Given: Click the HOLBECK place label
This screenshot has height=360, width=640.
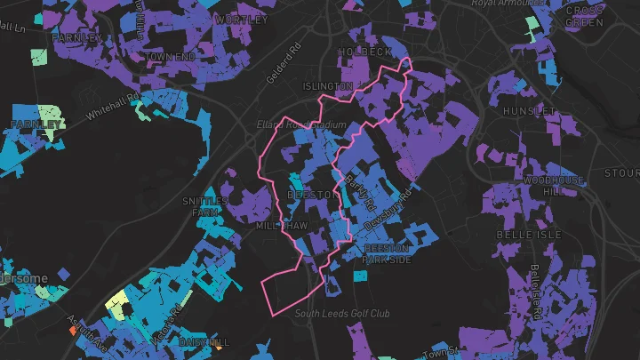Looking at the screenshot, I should (x=359, y=52).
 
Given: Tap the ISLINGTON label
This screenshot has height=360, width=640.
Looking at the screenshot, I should (x=328, y=86).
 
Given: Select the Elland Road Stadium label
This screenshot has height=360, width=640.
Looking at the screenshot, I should (x=300, y=125).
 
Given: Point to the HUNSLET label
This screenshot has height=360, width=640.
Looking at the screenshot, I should (x=528, y=111).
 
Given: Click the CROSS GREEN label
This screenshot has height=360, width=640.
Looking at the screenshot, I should (x=583, y=16).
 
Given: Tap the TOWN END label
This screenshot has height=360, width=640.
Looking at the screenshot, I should (x=170, y=56).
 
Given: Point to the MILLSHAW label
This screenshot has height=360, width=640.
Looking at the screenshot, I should (x=282, y=226).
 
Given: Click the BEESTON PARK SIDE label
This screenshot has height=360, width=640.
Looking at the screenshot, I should (x=388, y=253).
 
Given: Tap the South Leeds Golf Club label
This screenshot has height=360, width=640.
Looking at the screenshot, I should (x=342, y=314).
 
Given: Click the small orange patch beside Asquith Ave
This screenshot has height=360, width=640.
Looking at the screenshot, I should (x=73, y=330).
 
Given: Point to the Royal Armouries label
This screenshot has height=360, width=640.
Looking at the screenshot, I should (x=508, y=4).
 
